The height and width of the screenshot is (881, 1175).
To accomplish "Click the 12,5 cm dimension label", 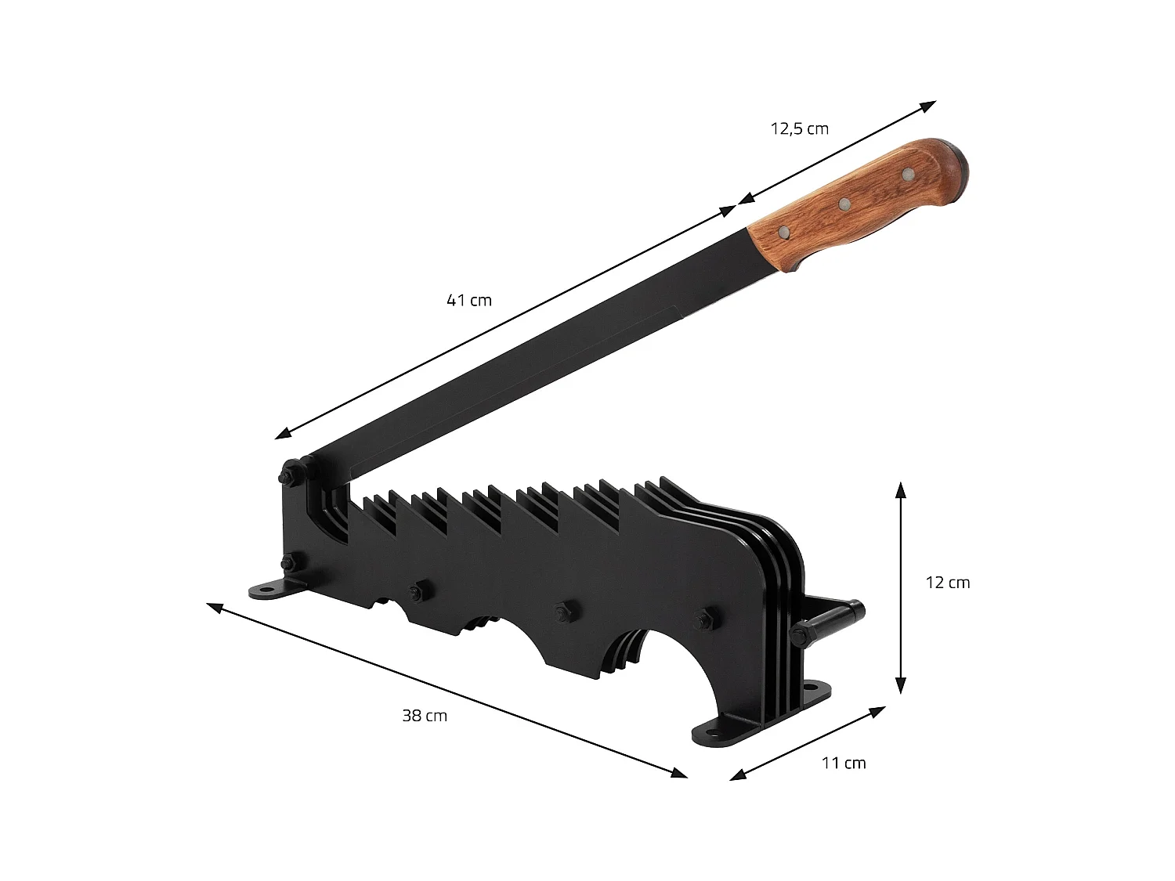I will coord(799,128).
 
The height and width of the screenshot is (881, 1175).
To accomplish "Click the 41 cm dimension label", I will coord(469,300).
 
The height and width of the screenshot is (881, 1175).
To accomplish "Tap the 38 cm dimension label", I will coord(425,715).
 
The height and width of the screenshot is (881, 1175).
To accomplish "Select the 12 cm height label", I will coord(948,583).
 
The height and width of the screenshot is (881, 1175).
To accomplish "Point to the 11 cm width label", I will coord(844,763).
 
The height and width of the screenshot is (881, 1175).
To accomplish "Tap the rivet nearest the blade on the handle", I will coord(783,232).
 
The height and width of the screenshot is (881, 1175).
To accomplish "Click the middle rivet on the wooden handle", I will coord(844,204).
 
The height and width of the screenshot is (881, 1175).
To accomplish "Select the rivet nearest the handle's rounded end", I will coord(907,173).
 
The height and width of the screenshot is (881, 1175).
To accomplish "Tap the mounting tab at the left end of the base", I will coord(270,590).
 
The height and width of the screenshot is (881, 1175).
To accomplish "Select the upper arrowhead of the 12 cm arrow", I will coord(901,490).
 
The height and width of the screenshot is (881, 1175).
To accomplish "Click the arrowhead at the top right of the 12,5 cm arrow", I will coord(929,105).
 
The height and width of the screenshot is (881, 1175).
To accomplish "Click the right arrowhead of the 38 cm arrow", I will coord(679,773).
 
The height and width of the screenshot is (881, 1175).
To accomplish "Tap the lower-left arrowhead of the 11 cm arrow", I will coord(737,776).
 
